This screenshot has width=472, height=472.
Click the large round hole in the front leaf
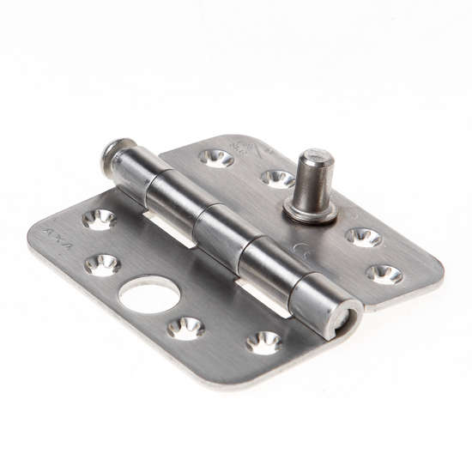(x=149, y=295)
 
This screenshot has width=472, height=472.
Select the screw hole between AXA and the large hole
(x=102, y=264)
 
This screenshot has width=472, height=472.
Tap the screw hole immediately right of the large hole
(x=185, y=328)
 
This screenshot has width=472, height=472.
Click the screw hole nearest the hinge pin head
(x=216, y=157)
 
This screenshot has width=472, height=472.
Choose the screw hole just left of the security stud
(x=276, y=178)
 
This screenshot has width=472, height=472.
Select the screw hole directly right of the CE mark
(x=364, y=237)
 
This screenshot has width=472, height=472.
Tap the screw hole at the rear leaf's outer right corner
(x=384, y=274)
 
